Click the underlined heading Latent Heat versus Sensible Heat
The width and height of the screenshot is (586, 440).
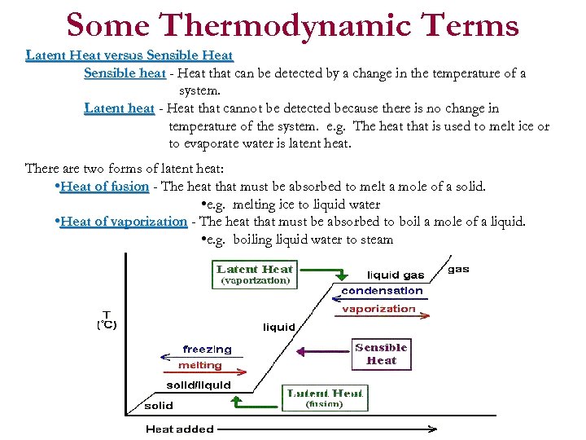(129, 55)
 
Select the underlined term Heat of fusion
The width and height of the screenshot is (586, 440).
(105, 187)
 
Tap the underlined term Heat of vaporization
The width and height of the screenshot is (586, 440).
(124, 222)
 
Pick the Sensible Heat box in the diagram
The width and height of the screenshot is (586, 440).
(381, 354)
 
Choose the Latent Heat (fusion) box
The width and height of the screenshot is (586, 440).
(325, 398)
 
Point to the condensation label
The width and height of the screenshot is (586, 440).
(382, 290)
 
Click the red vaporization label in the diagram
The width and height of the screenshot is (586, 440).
(378, 309)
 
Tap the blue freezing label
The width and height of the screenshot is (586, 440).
(207, 349)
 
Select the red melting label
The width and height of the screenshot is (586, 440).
(200, 365)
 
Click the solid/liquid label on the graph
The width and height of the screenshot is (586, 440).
(199, 385)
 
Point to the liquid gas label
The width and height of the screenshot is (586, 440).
(396, 275)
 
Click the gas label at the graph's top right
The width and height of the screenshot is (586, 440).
(459, 269)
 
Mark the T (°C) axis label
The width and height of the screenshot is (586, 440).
(107, 319)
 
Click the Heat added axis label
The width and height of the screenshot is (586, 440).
(180, 429)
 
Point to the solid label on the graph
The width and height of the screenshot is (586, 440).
(159, 405)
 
